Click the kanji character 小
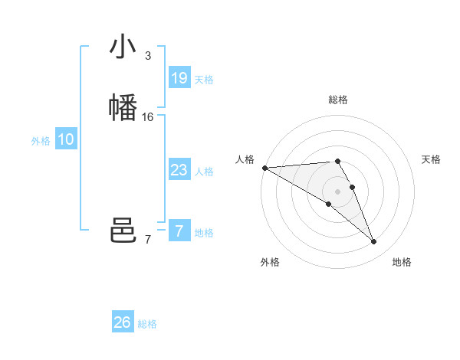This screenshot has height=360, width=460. pyautogui.click(x=123, y=47)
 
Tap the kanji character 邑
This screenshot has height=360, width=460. pyautogui.click(x=123, y=231)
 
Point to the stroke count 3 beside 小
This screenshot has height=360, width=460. pyautogui.click(x=147, y=56)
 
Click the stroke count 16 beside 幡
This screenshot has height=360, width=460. pyautogui.click(x=148, y=117)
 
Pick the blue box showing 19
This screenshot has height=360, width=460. pyautogui.click(x=179, y=77)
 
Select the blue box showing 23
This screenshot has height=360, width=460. pyautogui.click(x=179, y=170)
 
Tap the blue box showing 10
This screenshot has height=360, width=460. pyautogui.click(x=66, y=139)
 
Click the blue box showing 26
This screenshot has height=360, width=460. pyautogui.click(x=123, y=322)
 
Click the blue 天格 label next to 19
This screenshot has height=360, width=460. pyautogui.click(x=204, y=80)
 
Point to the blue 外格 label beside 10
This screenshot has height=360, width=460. pyautogui.click(x=41, y=141)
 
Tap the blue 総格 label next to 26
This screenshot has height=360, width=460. pyautogui.click(x=147, y=324)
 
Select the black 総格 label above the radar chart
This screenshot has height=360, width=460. pyautogui.click(x=337, y=100)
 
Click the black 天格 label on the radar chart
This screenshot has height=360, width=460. pyautogui.click(x=431, y=159)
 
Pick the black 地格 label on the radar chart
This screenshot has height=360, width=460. pyautogui.click(x=402, y=262)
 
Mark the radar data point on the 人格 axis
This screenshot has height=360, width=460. pyautogui.click(x=264, y=168)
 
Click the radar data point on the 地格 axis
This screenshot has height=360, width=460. pyautogui.click(x=374, y=242)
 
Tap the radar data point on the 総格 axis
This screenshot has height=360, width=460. pyautogui.click(x=337, y=161)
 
